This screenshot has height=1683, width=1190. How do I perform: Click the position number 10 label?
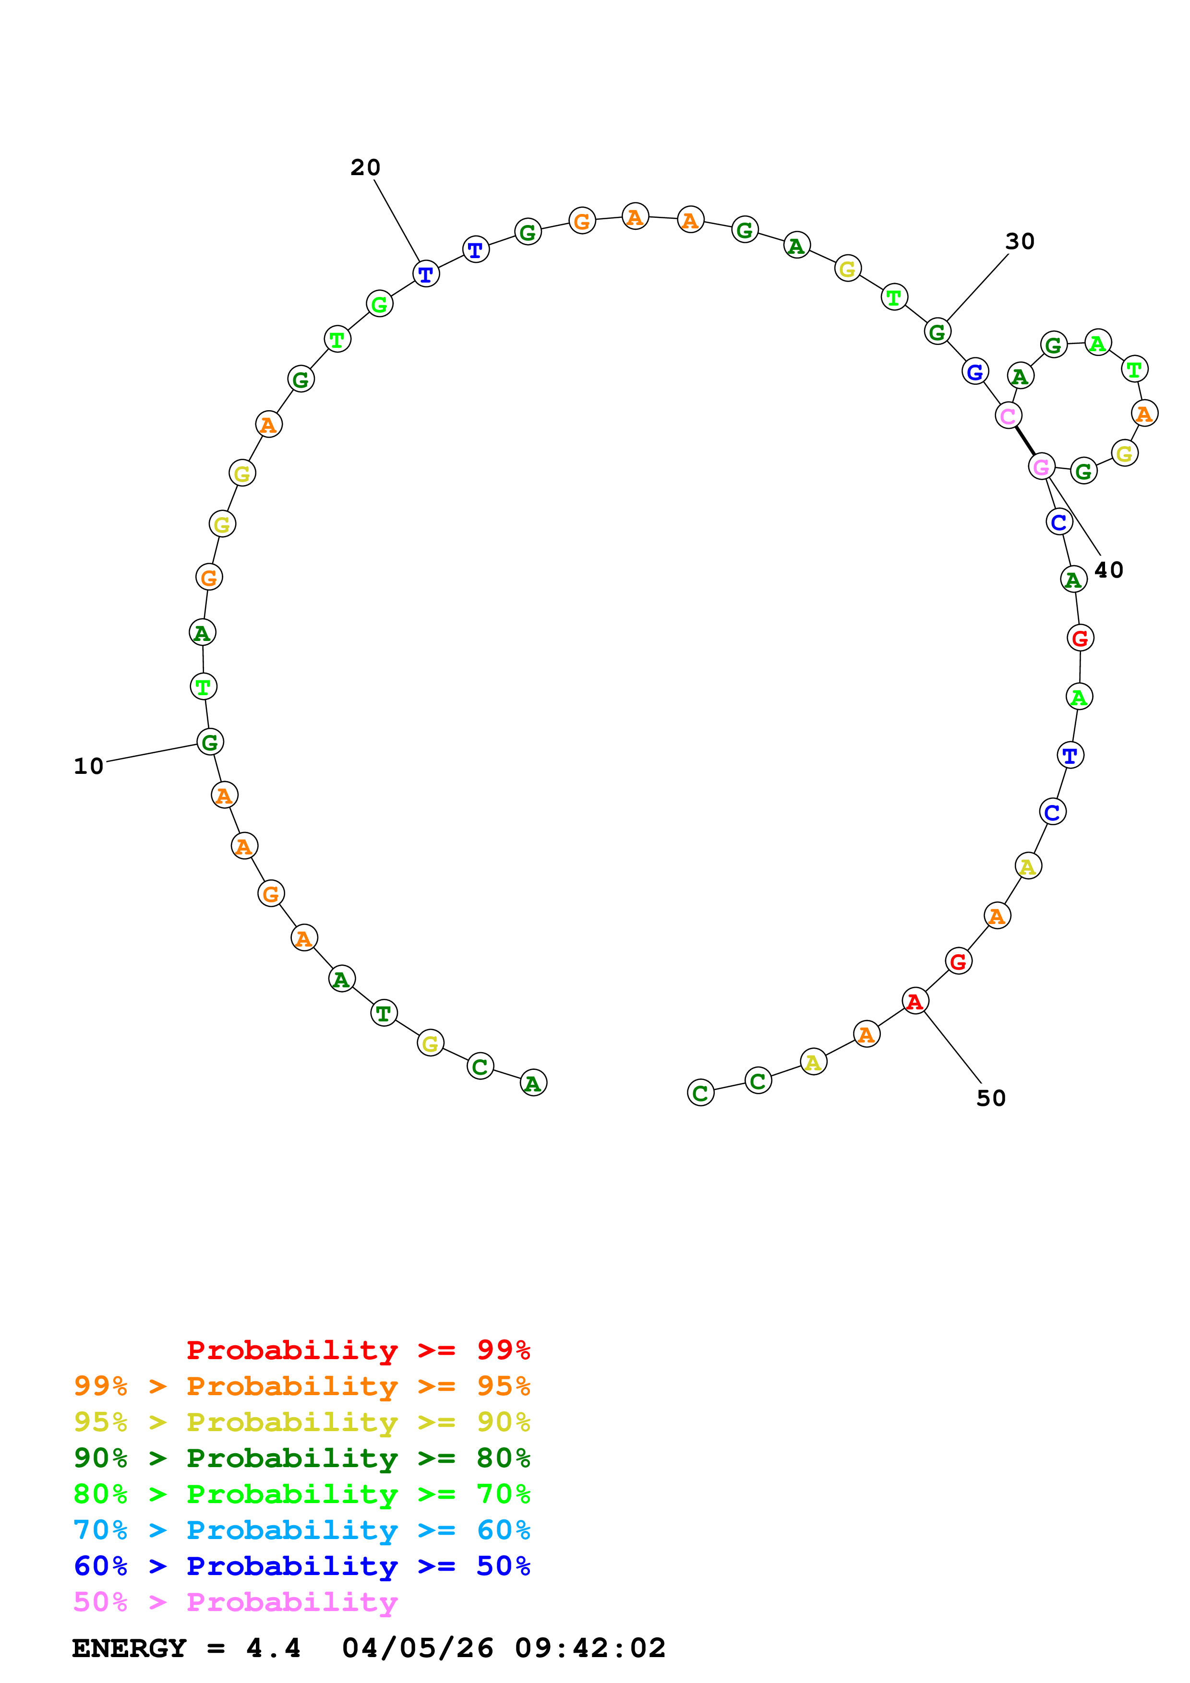89,767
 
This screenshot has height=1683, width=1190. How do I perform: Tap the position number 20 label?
365,168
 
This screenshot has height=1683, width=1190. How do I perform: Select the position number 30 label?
1019,242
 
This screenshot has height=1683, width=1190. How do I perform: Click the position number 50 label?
991,1098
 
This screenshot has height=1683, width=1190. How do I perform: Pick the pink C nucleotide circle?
1008,415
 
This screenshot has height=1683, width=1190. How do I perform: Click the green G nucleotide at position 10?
210,742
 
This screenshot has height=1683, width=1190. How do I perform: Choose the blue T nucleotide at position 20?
426,274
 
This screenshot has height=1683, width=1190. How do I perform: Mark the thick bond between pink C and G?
1025,441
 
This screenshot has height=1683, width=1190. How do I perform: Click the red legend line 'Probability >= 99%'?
358,1350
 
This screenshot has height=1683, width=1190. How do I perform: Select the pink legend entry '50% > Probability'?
235,1602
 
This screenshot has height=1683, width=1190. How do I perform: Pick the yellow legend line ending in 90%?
301,1422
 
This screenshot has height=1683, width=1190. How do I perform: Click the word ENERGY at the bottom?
129,1648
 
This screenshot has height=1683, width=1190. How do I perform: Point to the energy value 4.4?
273,1648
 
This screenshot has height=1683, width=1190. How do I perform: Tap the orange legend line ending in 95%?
301,1386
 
